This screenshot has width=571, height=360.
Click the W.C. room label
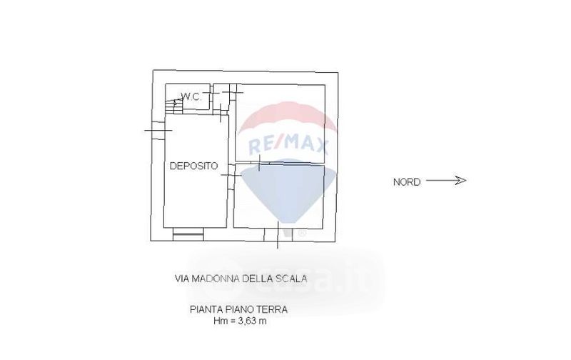pyautogui.click(x=191, y=96)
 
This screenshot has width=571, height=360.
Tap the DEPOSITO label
pyautogui.click(x=193, y=166)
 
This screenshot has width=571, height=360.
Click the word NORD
pyautogui.click(x=407, y=182)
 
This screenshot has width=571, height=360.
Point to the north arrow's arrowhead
pyautogui.click(x=460, y=180)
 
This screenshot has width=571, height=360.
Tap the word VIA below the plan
pyautogui.click(x=182, y=279)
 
